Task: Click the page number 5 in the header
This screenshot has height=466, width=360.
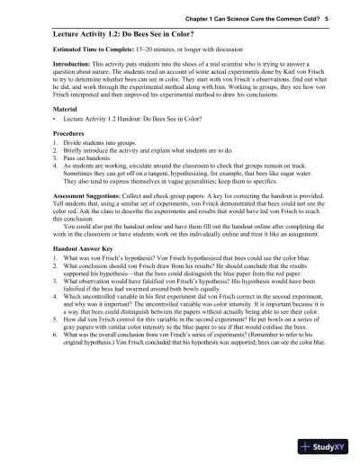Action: [327, 17]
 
